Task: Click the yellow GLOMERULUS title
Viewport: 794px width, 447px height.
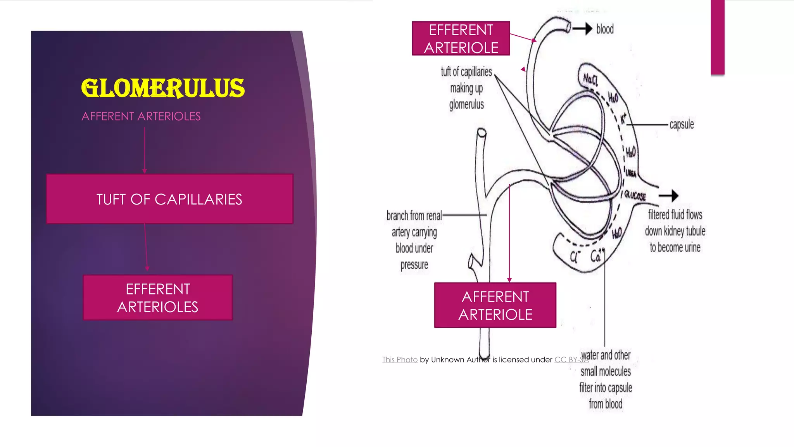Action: click(163, 88)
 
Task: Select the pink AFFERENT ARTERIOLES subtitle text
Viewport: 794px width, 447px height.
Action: click(141, 116)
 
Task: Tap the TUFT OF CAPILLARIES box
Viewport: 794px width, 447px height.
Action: click(169, 199)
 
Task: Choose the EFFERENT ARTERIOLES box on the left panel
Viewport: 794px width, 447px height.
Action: click(158, 298)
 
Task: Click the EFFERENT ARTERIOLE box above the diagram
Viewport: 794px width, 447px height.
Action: click(461, 38)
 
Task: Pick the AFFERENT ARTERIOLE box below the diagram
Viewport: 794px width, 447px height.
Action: click(495, 305)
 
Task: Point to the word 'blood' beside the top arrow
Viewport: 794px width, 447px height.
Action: click(605, 29)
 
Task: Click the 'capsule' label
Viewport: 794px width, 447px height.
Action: click(681, 125)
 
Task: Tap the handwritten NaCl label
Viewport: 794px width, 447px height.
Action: click(590, 80)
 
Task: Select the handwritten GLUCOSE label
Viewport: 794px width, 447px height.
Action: click(635, 196)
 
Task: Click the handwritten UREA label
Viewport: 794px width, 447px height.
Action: click(631, 173)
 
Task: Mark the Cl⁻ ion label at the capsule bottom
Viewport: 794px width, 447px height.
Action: click(574, 257)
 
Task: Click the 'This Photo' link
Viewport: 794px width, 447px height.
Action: click(400, 360)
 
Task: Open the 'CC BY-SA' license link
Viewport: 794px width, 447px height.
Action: click(571, 360)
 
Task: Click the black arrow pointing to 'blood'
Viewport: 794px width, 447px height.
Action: click(583, 28)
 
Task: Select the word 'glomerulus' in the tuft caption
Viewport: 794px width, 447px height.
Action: click(466, 105)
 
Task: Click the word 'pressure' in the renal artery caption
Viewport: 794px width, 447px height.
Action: click(414, 265)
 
